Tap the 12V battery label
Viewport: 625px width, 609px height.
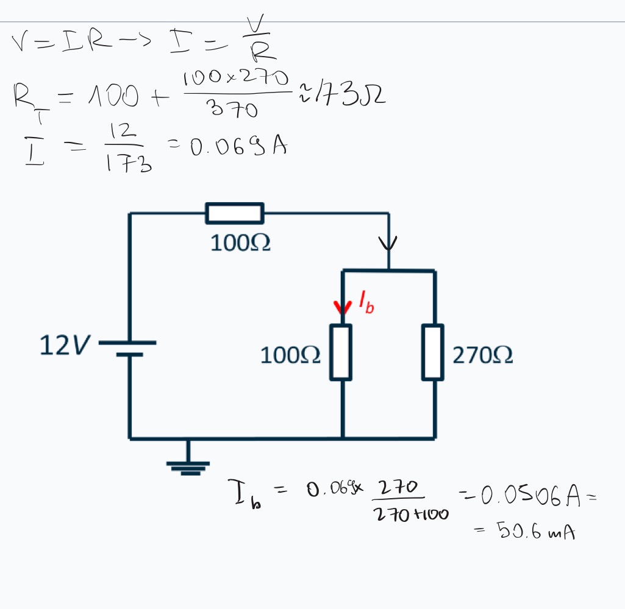tap(63, 346)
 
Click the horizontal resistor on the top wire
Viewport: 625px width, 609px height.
tap(235, 213)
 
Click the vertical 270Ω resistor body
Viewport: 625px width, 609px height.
tap(433, 352)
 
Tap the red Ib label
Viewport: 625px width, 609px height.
tap(366, 303)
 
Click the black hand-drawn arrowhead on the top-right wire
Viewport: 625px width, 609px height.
tap(388, 243)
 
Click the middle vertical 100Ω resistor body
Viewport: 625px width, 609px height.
tap(341, 352)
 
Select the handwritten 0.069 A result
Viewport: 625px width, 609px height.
tap(238, 147)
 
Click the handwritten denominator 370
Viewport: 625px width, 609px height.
tap(232, 110)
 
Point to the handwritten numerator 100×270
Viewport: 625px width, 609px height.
tap(235, 78)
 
